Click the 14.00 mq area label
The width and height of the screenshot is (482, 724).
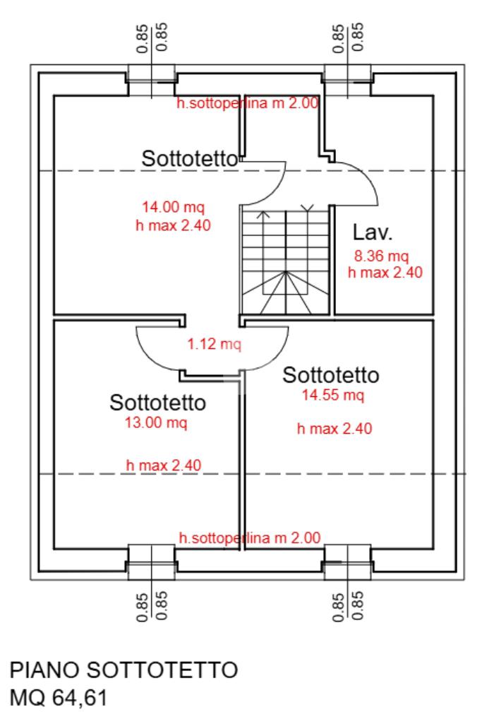pos(173,207)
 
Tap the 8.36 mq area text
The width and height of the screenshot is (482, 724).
pos(381,255)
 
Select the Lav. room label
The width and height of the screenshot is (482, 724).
pos(373,232)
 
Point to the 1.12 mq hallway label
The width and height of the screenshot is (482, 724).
pos(214,344)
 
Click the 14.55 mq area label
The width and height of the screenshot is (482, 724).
pos(333,396)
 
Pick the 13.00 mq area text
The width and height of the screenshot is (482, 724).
pos(156,422)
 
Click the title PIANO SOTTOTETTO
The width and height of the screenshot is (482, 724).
pos(123,670)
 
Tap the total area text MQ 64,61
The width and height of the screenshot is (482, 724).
pos(59,698)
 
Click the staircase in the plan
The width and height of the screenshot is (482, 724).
pos(286,261)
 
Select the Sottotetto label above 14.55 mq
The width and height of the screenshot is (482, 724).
pos(331,375)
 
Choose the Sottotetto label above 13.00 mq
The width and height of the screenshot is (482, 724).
pos(158,403)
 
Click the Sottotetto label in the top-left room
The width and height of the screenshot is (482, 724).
pos(190,159)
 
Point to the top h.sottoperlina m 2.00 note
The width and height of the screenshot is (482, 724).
pos(248,103)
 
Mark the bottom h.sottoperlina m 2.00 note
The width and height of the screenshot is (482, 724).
pos(250,538)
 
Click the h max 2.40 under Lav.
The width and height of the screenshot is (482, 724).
pos(385,273)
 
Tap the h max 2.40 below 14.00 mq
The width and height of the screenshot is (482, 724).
pos(173,225)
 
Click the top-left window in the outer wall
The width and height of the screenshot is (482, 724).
pos(151,81)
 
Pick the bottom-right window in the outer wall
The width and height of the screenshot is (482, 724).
pos(347,562)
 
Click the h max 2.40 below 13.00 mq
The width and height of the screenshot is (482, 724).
pos(164,465)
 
